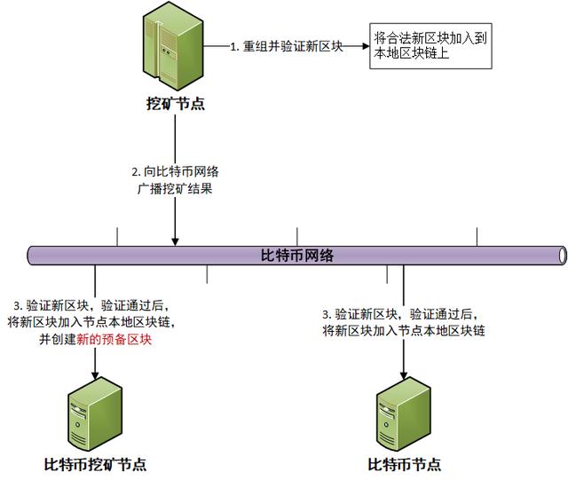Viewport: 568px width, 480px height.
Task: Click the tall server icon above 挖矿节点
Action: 173,46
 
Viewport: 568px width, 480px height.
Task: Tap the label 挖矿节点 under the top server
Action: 176,104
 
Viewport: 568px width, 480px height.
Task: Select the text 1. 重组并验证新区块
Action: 286,46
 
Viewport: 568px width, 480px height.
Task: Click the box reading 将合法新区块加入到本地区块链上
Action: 430,46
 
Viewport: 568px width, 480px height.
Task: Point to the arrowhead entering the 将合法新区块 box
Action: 366,46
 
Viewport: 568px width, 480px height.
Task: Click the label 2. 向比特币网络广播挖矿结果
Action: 176,180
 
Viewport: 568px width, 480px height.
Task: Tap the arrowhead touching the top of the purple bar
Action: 175,241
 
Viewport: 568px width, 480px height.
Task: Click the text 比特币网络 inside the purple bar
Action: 297,256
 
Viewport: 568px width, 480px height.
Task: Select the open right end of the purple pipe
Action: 563,256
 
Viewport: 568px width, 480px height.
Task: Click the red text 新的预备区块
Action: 114,340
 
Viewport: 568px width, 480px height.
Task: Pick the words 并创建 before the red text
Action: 58,340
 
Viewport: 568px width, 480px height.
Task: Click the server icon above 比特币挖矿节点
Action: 95,414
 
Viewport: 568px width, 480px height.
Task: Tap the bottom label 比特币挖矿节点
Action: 95,465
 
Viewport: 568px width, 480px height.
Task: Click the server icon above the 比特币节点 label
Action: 404,414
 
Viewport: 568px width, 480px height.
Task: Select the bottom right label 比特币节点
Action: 405,465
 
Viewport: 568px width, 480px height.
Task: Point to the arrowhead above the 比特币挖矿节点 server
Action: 95,375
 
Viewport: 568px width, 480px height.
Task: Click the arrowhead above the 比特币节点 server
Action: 404,375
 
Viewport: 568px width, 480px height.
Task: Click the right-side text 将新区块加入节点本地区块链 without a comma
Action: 404,330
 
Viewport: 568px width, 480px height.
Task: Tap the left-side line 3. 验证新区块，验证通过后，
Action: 91,306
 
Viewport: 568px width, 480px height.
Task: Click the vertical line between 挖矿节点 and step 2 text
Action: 176,139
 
